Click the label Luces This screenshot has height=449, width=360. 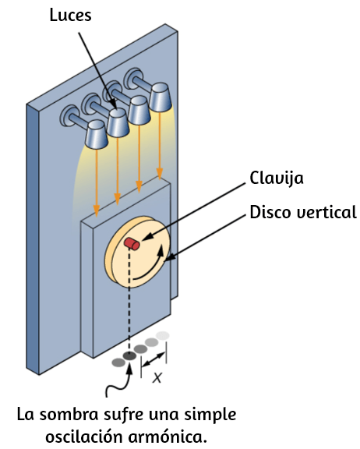pos(70,15)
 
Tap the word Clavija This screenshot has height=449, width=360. pos(277,178)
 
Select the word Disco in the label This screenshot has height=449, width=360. pos(270,212)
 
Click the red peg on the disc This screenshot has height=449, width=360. pos(132,244)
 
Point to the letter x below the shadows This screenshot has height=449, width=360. pos(157,377)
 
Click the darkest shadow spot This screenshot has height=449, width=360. pos(129,356)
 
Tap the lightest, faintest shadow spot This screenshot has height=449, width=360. pos(163,335)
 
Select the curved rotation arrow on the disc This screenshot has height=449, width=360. pos(151,267)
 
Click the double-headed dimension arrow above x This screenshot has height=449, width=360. pos(154,359)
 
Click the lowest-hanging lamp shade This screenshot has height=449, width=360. pos(97,135)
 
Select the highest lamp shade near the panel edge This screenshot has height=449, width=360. pos(161,97)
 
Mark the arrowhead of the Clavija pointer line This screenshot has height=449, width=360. pos(143,240)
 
